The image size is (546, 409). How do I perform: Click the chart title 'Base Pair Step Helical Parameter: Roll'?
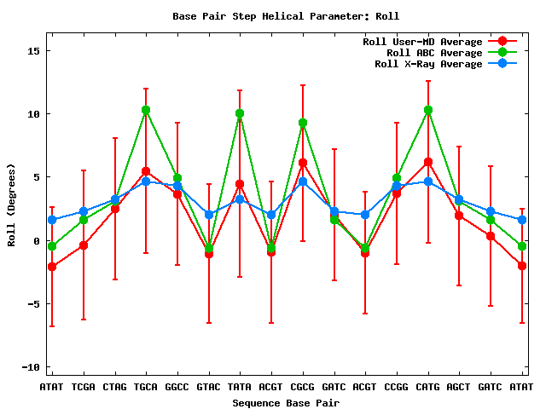(x=286, y=16)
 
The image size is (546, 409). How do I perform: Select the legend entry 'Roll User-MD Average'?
(x=422, y=42)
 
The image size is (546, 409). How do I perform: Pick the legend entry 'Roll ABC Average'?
(x=422, y=53)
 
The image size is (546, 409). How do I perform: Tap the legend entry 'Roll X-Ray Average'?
(x=422, y=64)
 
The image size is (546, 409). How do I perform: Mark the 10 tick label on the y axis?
(x=30, y=113)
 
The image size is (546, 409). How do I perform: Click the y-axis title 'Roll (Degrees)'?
(x=11, y=208)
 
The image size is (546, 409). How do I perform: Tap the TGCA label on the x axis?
(x=146, y=387)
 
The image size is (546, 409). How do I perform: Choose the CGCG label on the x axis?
(x=303, y=387)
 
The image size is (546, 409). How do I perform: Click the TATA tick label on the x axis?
(x=240, y=387)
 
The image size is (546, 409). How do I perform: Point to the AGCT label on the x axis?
(x=459, y=387)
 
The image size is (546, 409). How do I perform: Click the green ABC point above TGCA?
(x=146, y=110)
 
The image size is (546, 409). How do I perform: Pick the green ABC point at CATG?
(x=428, y=110)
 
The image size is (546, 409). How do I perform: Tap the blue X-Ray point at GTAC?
(x=209, y=215)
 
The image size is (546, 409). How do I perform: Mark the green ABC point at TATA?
(x=240, y=113)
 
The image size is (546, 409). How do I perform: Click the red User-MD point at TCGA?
(x=84, y=245)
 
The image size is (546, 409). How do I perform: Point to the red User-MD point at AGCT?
(x=459, y=216)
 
